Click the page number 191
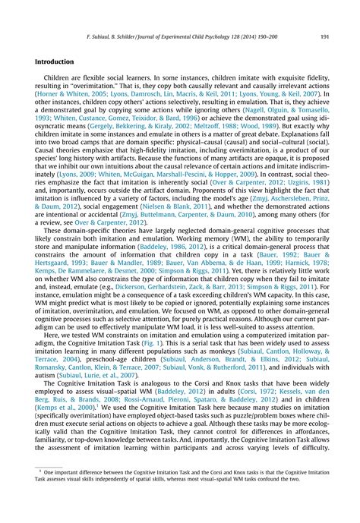pos(324,35)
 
